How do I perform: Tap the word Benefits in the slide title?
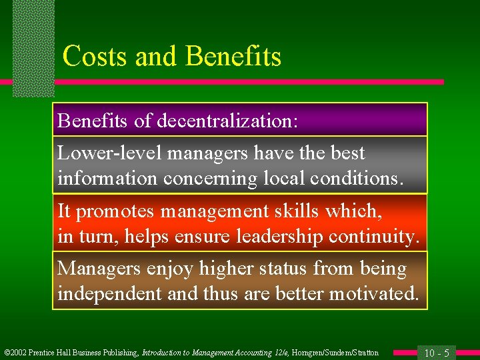tap(233, 57)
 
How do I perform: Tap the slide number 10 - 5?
tap(436, 352)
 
